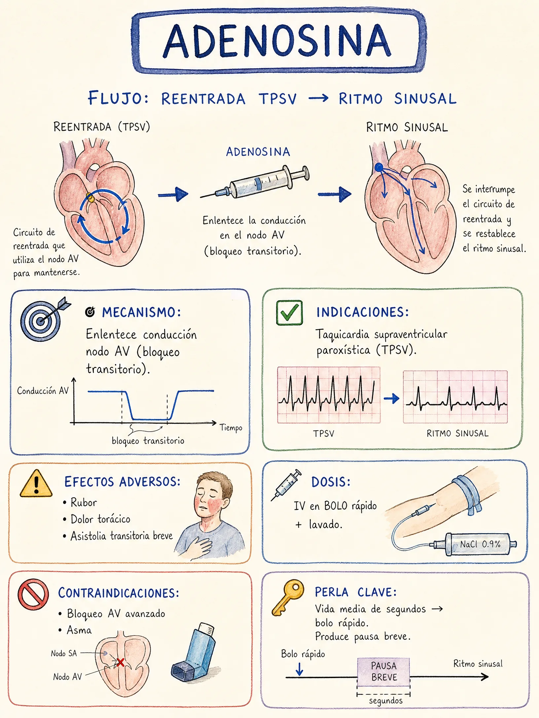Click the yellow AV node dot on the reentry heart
coord(90,197)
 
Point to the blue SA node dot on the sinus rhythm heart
coord(379,167)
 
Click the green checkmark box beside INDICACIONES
coord(289,312)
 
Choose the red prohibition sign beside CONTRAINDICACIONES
coord(33,595)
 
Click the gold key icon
coord(288,597)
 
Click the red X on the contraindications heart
coord(120,662)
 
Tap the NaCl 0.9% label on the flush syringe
coord(481,544)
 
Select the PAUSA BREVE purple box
coord(383,671)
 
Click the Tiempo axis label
coord(231,428)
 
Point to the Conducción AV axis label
coord(43,391)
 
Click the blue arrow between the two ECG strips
coord(392,399)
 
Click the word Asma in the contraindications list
coord(79,630)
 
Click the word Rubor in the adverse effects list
coord(84,503)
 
